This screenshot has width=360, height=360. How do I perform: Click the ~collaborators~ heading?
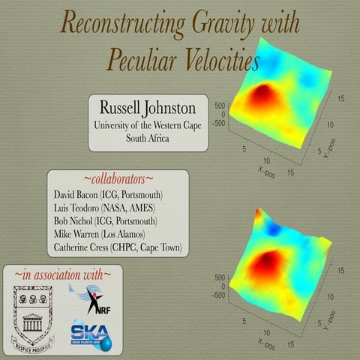(118, 179)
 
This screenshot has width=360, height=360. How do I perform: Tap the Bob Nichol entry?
(106, 221)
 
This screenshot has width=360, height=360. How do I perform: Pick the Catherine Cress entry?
(118, 247)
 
